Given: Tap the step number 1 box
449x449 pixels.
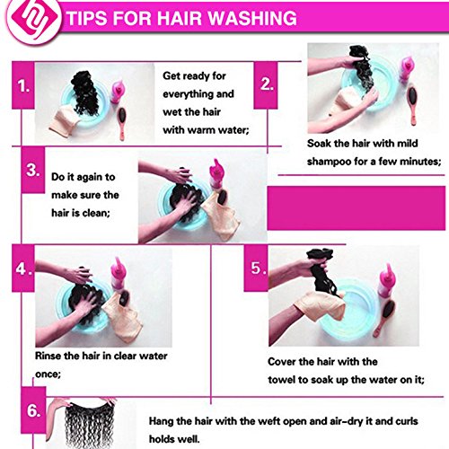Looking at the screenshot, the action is pos(23,85).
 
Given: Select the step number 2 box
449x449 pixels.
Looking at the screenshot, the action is pos(266,85).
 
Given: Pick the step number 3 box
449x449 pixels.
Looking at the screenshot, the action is pos(33,170).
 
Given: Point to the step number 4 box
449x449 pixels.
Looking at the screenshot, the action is pos(23,269).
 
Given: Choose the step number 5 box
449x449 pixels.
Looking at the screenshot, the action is pos(256,269).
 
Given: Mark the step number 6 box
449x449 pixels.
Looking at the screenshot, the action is pos(33,410).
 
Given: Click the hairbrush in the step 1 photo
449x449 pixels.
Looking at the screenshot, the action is pos(122,123).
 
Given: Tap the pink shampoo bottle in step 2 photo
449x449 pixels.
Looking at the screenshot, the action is pos(407,68).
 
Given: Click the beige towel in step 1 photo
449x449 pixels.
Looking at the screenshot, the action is pos(65,119).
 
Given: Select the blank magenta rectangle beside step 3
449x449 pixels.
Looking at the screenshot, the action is pos(357,207).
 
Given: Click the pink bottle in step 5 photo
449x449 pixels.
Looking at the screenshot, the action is pos(386,281).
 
